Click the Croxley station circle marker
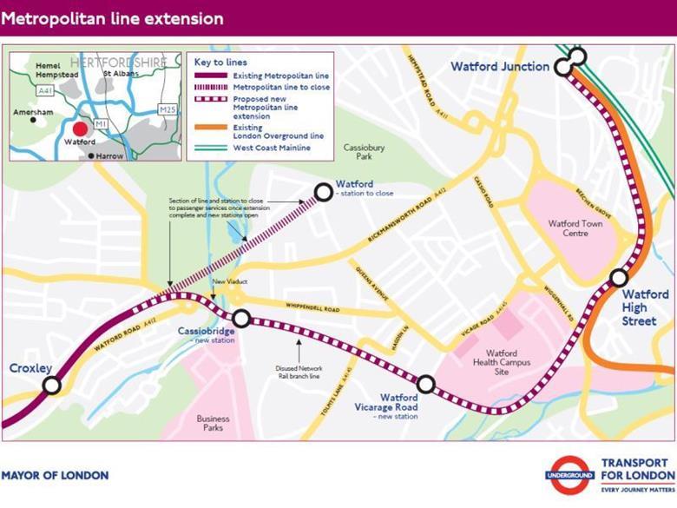point(52,385)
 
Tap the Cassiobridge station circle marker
point(241,319)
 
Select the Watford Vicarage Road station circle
point(425,384)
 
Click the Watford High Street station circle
point(619,278)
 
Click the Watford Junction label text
point(500,67)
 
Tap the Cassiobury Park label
point(364,154)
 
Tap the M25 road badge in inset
point(168,109)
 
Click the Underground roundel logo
point(569,476)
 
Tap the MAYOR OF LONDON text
point(55,475)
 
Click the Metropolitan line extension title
point(112,18)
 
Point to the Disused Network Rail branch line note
point(299,372)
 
